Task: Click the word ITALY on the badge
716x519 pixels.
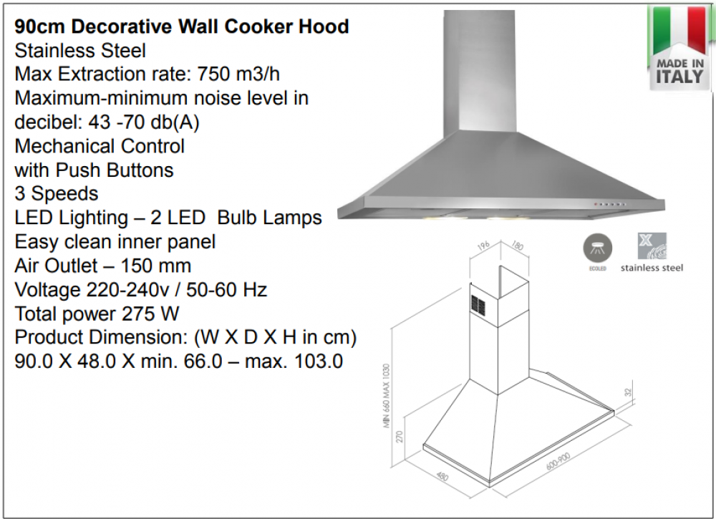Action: click(679, 77)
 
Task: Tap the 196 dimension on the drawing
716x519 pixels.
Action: click(483, 245)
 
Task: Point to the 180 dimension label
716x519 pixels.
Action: click(518, 246)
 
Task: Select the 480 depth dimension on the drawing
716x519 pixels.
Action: click(442, 475)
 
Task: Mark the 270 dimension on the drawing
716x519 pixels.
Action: click(400, 437)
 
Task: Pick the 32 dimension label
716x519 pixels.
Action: click(628, 392)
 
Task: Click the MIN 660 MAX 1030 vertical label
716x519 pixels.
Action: click(387, 396)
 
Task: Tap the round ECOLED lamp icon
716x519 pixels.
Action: click(597, 248)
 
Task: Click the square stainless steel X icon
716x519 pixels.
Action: click(652, 246)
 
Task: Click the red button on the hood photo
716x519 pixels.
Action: click(595, 203)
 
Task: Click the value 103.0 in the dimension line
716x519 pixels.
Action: click(319, 362)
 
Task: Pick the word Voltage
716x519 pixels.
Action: click(47, 291)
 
